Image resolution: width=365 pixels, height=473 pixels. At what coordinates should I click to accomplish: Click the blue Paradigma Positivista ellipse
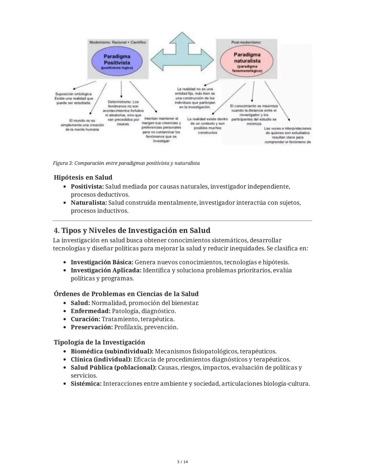(117, 61)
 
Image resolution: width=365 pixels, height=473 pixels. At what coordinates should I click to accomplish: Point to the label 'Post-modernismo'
(246, 42)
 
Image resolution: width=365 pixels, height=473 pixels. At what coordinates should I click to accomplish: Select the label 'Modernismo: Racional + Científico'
(117, 42)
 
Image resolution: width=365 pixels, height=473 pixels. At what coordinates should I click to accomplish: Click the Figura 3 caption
(126, 163)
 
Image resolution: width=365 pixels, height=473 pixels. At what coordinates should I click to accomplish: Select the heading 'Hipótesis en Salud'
(83, 177)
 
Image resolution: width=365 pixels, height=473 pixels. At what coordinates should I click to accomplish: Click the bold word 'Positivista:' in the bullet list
(87, 187)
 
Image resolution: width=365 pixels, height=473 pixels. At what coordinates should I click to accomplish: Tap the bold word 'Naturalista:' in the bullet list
(89, 203)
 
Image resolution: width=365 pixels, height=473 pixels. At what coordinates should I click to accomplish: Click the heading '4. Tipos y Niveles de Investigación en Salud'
(132, 231)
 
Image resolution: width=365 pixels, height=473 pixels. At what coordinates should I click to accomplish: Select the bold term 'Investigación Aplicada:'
(106, 271)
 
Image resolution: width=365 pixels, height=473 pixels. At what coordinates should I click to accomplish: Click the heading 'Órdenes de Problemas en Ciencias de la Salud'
(126, 294)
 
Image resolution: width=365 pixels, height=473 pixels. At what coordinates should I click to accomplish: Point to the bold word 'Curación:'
(85, 319)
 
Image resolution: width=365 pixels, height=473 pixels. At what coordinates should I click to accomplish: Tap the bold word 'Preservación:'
(92, 327)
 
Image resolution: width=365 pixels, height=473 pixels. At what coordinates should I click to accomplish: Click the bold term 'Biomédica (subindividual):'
(112, 351)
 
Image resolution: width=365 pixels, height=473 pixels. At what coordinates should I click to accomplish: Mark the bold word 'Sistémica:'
(86, 384)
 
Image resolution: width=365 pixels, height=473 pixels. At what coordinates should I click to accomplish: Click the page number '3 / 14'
(182, 462)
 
